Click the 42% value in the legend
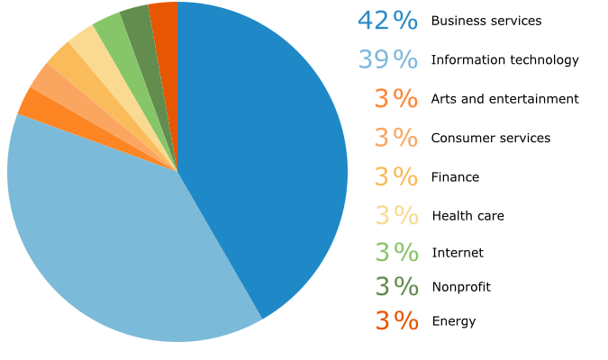point(387,21)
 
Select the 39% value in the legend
point(387,60)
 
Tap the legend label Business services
point(486,21)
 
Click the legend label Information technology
point(504,60)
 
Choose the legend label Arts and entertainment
point(504,99)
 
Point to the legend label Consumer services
point(491,138)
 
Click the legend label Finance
point(455,177)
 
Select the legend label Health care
point(467,216)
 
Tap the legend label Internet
point(458,253)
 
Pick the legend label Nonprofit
point(461,287)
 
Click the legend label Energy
point(454,321)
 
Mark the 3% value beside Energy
point(396,321)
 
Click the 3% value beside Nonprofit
point(396,287)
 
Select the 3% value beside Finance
point(396,177)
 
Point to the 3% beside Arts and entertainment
point(396,99)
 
